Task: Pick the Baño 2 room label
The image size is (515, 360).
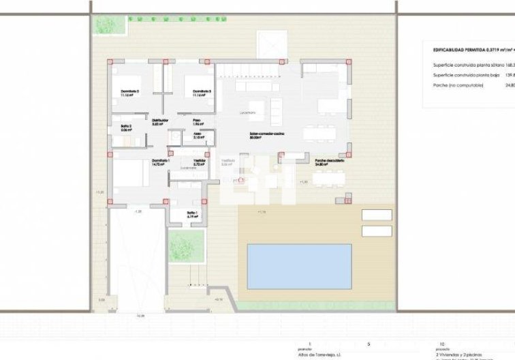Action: point(126,126)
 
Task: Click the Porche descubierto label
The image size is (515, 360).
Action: point(329,160)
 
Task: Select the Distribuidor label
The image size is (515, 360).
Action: point(159,120)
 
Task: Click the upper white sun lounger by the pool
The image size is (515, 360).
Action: point(377,215)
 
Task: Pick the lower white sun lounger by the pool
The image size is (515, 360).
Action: point(377,230)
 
